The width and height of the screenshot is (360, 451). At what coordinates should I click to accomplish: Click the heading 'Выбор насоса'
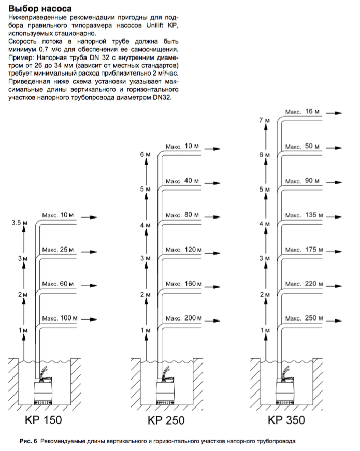click(x=41, y=9)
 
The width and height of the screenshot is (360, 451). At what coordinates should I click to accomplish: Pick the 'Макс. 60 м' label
click(x=59, y=284)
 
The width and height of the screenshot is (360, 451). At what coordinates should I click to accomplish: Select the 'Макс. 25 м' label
click(x=59, y=250)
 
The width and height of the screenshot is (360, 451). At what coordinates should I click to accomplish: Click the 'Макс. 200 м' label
click(x=183, y=317)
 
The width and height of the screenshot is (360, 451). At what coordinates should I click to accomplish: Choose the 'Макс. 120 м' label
click(x=183, y=249)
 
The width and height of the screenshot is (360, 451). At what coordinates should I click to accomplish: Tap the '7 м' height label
click(x=264, y=120)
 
